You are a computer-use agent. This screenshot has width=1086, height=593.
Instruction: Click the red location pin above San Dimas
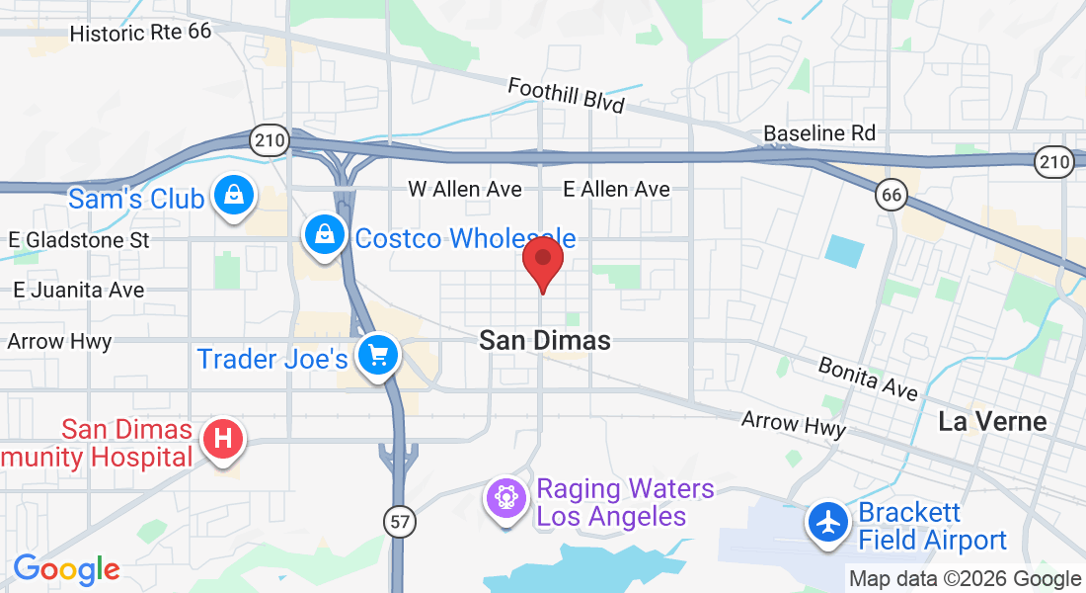[542, 260]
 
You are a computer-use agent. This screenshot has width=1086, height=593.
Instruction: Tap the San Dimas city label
[545, 341]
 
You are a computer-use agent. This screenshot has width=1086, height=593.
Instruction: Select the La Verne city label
[992, 422]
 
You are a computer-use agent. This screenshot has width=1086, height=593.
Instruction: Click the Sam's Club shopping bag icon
[234, 195]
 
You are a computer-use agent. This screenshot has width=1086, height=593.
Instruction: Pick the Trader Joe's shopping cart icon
[377, 354]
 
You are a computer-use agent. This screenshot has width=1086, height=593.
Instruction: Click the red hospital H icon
[223, 438]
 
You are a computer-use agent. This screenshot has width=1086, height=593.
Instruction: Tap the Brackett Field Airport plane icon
[827, 521]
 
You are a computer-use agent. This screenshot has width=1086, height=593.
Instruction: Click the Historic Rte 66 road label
[141, 33]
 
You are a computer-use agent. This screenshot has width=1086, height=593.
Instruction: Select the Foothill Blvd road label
[566, 96]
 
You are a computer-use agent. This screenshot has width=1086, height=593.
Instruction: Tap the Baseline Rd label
[819, 132]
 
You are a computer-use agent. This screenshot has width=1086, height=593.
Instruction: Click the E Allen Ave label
[616, 189]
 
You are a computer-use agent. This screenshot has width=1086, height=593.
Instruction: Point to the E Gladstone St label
[78, 240]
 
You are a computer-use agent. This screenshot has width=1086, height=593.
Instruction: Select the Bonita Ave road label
[868, 379]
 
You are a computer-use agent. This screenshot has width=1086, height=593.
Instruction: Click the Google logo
[66, 569]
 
